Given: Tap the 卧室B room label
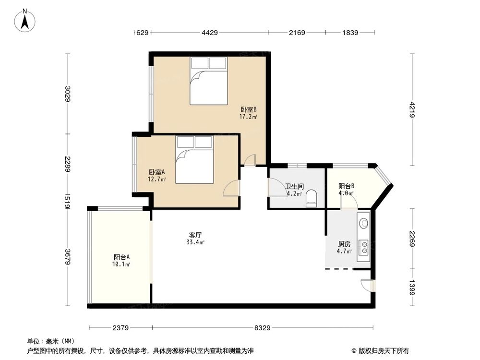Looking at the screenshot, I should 248,109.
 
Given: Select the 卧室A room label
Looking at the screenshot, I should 157,172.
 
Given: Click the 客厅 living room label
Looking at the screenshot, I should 195,235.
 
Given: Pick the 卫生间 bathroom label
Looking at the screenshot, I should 294,187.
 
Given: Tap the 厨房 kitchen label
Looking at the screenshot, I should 344,244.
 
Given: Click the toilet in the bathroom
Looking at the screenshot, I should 312,198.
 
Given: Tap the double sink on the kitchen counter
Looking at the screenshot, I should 365,247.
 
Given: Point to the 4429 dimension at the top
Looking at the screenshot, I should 210,33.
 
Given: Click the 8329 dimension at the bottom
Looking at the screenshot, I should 263,328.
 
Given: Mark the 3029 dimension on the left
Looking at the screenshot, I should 68,94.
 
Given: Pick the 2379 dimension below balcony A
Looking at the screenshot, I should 120,328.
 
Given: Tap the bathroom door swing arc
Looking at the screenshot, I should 275,187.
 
